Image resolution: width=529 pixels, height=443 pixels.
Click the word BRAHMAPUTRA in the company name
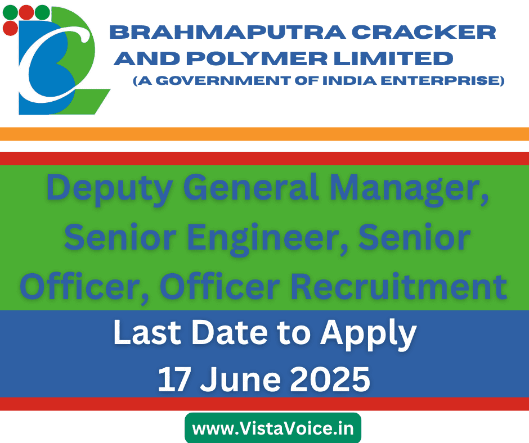click(228, 33)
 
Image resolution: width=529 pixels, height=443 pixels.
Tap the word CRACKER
click(424, 33)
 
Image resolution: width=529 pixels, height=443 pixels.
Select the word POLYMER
click(257, 58)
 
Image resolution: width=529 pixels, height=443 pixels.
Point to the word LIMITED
click(393, 58)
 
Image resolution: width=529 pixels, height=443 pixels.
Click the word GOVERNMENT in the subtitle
click(223, 80)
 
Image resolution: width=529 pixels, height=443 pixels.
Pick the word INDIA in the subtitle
click(349, 80)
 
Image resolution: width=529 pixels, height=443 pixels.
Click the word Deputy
click(110, 189)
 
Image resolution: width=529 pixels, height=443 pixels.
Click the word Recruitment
click(399, 286)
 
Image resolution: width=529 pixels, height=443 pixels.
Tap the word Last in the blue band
click(147, 332)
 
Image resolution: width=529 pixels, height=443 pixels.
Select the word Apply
click(369, 334)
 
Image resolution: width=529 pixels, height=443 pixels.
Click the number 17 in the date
click(173, 379)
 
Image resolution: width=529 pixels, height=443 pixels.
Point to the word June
click(240, 379)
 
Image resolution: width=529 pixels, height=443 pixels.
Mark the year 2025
click(330, 379)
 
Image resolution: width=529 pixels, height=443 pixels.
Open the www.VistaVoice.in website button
click(273, 428)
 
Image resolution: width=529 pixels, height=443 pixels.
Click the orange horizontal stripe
click(264, 134)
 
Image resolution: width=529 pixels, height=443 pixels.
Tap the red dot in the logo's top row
click(26, 12)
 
